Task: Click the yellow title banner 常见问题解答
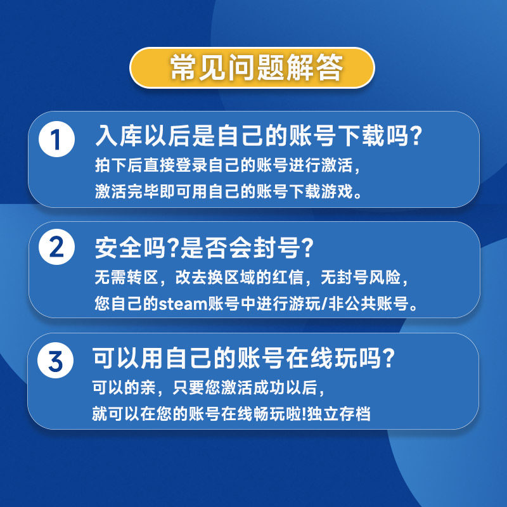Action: point(253,67)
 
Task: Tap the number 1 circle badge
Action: point(57,139)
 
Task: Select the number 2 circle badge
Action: point(57,248)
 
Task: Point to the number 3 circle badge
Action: point(57,361)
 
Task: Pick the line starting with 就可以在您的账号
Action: point(231,414)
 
